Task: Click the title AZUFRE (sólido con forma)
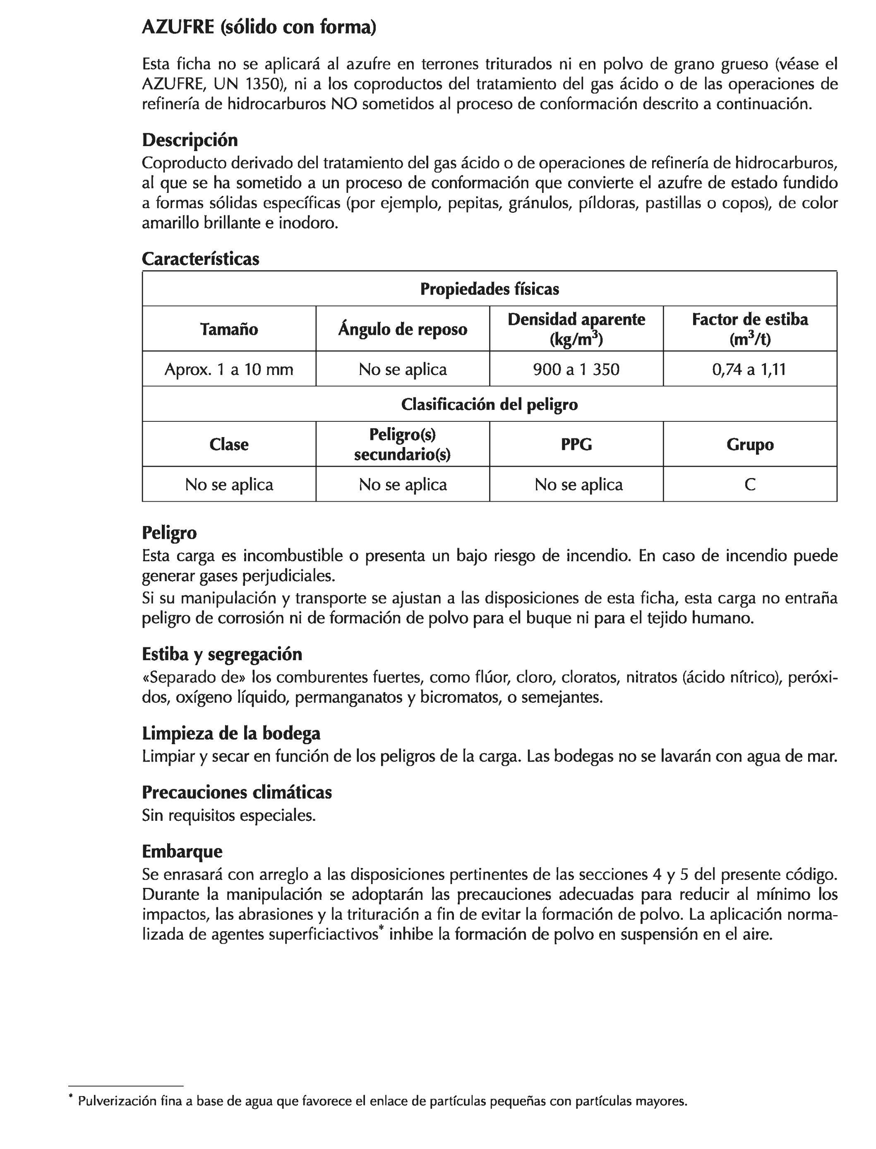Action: (x=259, y=27)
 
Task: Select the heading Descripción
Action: (x=190, y=140)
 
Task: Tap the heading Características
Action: (x=200, y=259)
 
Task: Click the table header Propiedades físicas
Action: (x=489, y=289)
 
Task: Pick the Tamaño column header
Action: (x=229, y=329)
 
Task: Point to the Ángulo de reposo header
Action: (x=403, y=329)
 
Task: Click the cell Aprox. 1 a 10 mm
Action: (x=229, y=369)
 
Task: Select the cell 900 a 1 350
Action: (x=576, y=369)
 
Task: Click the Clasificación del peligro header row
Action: (x=489, y=404)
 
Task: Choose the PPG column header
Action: (x=576, y=445)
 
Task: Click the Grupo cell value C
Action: (x=750, y=485)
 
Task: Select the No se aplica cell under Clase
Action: (x=229, y=485)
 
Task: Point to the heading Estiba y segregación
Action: (x=222, y=654)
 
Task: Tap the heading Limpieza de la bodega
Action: (x=231, y=733)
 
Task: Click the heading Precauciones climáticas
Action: (x=237, y=792)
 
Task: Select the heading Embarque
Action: (x=182, y=851)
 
